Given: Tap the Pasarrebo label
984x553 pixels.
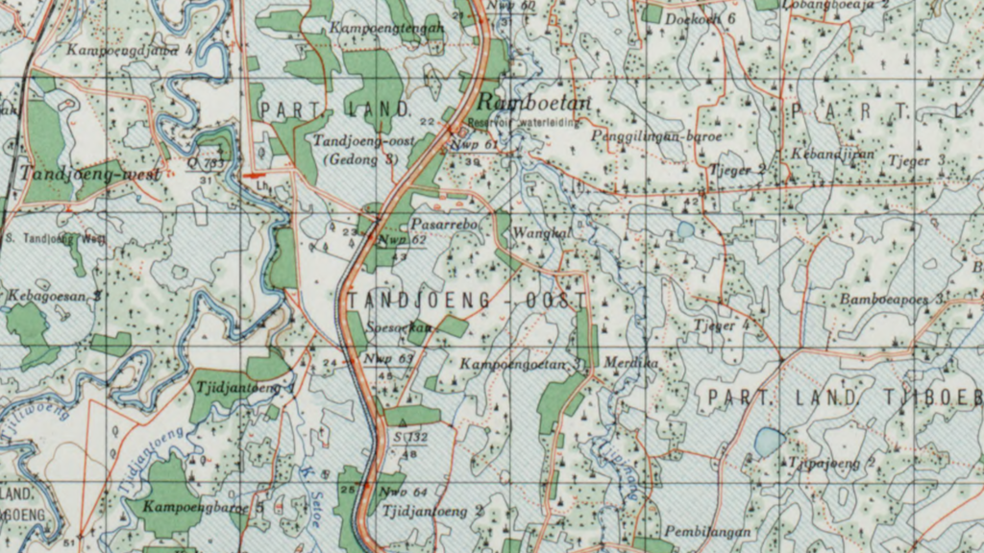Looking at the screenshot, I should (444, 223).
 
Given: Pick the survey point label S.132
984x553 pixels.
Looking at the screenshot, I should (410, 437).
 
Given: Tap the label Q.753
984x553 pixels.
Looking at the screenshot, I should (210, 162).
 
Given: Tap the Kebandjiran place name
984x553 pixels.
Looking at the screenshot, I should (820, 154).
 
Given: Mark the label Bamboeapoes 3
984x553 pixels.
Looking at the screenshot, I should (892, 300).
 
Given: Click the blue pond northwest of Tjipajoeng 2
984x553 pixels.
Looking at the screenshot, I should (769, 442).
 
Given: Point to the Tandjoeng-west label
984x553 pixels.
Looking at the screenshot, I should (87, 174).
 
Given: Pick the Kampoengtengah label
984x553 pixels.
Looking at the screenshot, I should (386, 29).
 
